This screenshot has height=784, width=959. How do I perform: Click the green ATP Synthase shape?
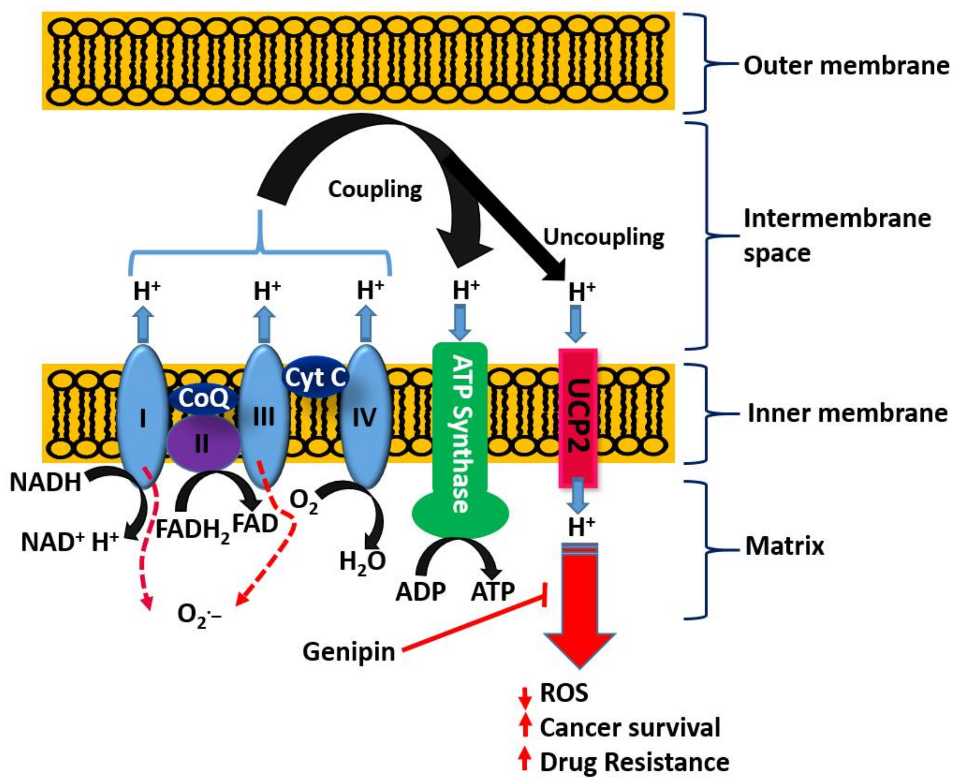[x=459, y=434]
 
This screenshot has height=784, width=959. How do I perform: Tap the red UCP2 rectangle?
[x=578, y=418]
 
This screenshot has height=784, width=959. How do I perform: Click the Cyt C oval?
[x=315, y=377]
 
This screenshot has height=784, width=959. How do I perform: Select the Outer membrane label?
[x=846, y=65]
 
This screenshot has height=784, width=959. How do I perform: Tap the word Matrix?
[x=785, y=546]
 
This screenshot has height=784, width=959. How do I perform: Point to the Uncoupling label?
[x=603, y=237]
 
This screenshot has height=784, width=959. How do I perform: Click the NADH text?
[x=45, y=482]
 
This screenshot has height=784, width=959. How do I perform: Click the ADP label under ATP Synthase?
[x=420, y=592]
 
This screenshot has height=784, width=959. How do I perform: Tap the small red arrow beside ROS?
[x=524, y=698]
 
